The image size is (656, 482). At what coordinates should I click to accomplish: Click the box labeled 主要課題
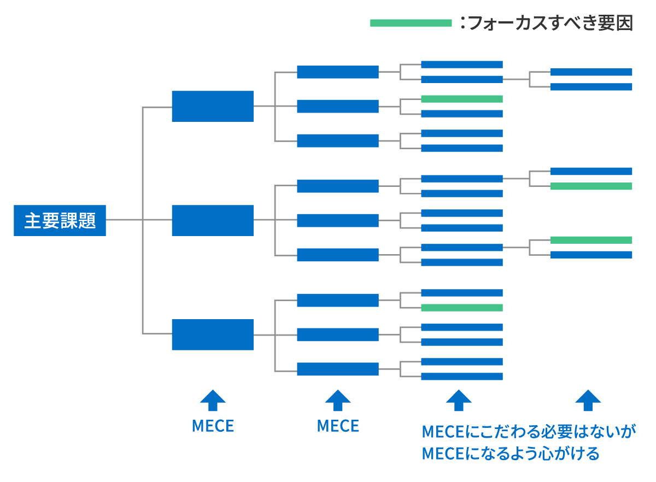pyautogui.click(x=60, y=220)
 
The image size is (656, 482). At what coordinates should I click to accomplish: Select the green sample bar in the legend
pyautogui.click(x=411, y=23)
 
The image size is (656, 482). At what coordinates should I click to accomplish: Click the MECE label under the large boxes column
pyautogui.click(x=213, y=426)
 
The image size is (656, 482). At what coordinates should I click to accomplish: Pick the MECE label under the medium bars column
pyautogui.click(x=338, y=426)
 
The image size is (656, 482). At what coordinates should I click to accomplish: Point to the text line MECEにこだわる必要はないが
pyautogui.click(x=529, y=432)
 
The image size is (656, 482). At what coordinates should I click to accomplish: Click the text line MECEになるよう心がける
pyautogui.click(x=511, y=454)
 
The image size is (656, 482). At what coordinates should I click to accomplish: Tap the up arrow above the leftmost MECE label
pyautogui.click(x=213, y=400)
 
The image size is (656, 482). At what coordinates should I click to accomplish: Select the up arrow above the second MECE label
pyautogui.click(x=338, y=400)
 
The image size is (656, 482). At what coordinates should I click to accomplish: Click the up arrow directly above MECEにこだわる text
pyautogui.click(x=459, y=400)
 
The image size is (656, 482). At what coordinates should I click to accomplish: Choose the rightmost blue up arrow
pyautogui.click(x=588, y=400)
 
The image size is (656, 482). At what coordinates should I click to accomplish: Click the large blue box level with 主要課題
pyautogui.click(x=213, y=220)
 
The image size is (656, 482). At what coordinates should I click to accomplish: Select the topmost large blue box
pyautogui.click(x=213, y=106)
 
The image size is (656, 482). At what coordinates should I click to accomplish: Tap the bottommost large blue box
pyautogui.click(x=213, y=334)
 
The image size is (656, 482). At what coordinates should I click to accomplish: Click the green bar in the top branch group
pyautogui.click(x=462, y=99)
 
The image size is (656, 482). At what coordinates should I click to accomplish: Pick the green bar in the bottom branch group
pyautogui.click(x=462, y=308)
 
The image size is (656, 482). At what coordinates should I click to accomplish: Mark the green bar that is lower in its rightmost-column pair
pyautogui.click(x=591, y=186)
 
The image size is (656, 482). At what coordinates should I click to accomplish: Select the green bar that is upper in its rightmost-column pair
pyautogui.click(x=591, y=240)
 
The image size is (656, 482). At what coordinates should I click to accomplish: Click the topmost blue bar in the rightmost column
pyautogui.click(x=591, y=72)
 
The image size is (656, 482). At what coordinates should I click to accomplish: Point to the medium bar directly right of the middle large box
pyautogui.click(x=338, y=220)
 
